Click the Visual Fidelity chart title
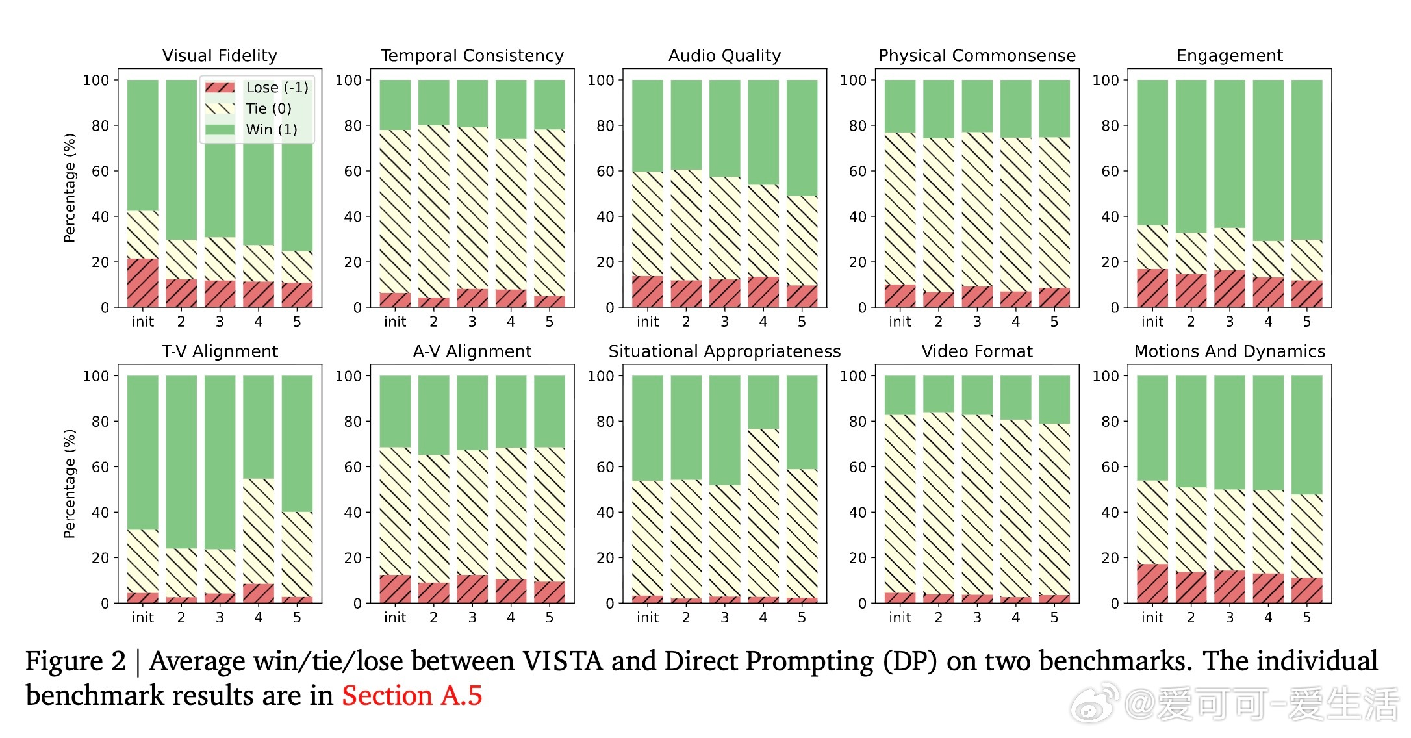pyautogui.click(x=220, y=56)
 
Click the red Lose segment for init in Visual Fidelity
pyautogui.click(x=143, y=283)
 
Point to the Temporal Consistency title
pyautogui.click(x=472, y=56)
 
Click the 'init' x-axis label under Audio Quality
pyautogui.click(x=648, y=322)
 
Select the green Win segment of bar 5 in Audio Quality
pyautogui.click(x=802, y=138)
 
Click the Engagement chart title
pyautogui.click(x=1230, y=56)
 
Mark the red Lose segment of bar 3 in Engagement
pyautogui.click(x=1230, y=288)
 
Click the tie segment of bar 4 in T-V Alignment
pyautogui.click(x=259, y=531)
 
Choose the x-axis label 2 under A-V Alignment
pyautogui.click(x=434, y=617)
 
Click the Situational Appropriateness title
pyautogui.click(x=724, y=351)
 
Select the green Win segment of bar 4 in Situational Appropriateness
pyautogui.click(x=763, y=402)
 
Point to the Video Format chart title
pyautogui.click(x=977, y=351)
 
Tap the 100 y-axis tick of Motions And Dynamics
pyautogui.click(x=1106, y=376)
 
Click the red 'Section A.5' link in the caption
pyautogui.click(x=412, y=696)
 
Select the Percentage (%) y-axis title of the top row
pyautogui.click(x=70, y=188)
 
